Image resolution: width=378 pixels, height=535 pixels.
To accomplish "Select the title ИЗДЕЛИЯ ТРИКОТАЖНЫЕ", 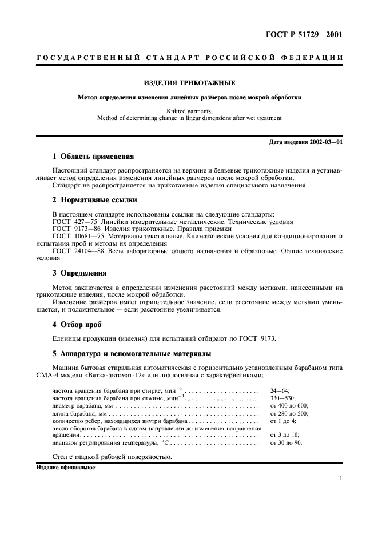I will tap(189, 82).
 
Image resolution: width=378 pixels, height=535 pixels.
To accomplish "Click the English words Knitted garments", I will tap(189, 111).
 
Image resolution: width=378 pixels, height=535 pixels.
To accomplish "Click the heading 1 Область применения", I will tap(93, 155).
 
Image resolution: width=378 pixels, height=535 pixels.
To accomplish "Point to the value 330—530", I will tap(282, 398).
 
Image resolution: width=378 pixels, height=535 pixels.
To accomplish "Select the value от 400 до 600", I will tap(289, 405).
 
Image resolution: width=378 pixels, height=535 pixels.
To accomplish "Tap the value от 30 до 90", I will tap(286, 442).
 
